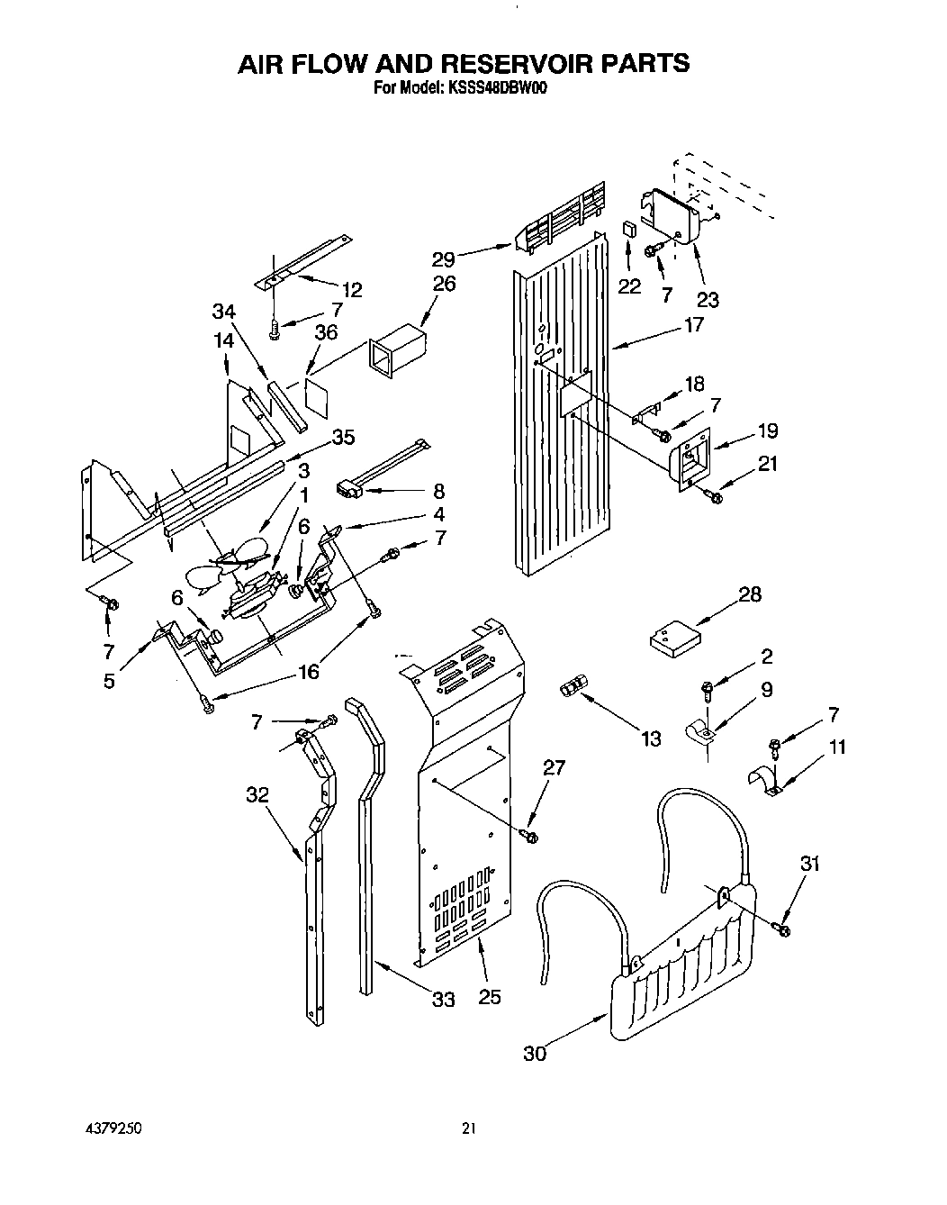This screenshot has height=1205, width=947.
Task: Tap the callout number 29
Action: coord(443,259)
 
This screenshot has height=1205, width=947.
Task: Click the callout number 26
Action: coord(443,284)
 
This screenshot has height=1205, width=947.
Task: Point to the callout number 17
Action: coord(693,324)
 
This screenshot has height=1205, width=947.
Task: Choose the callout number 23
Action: coord(708,300)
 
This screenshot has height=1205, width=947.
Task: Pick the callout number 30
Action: coord(535,1053)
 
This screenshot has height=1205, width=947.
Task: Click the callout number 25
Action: coord(490,997)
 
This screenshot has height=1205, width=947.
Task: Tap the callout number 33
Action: coord(443,999)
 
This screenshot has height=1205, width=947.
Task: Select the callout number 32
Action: coord(257,794)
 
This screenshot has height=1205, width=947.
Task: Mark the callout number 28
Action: coord(749,594)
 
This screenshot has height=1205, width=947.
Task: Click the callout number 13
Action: coord(650,738)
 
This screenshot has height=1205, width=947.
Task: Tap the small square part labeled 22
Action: coord(629,229)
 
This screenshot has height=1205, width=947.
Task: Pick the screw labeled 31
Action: coord(781,926)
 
